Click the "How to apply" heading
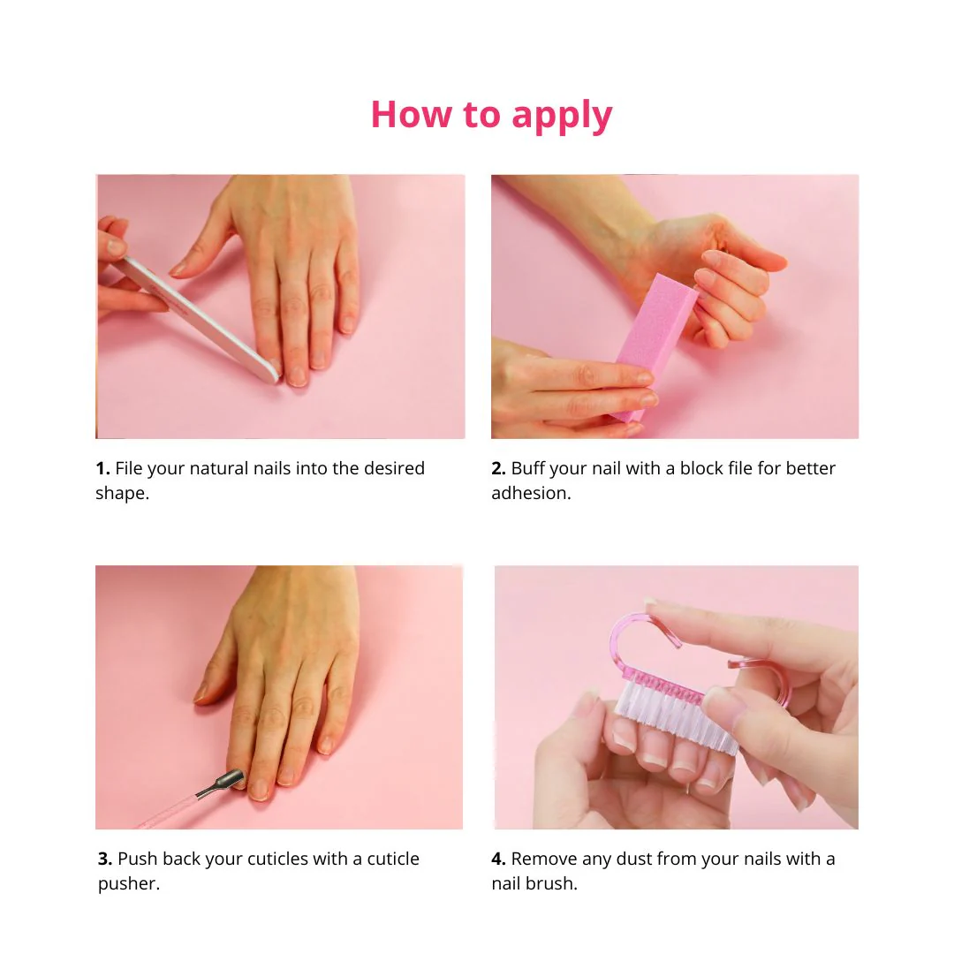point(492,115)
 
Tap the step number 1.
point(102,468)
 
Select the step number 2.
point(498,468)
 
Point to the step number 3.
point(104,859)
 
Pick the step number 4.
point(498,859)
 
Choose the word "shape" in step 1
point(120,495)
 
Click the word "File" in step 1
point(128,468)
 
